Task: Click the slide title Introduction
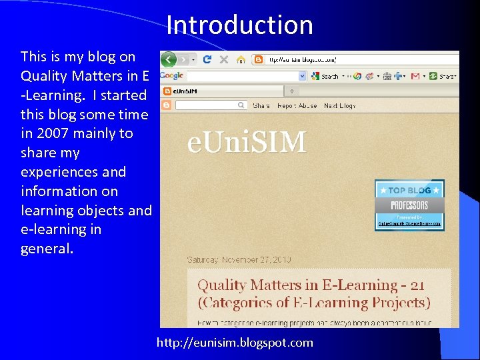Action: coord(239,25)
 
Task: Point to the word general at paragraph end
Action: coord(47,249)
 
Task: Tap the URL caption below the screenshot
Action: coord(235,343)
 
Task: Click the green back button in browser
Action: coord(169,59)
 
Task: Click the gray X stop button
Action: coord(223,59)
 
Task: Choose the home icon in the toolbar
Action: coord(241,59)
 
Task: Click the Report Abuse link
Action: coord(297,105)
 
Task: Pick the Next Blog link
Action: coord(339,105)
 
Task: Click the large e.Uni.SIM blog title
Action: coord(247,143)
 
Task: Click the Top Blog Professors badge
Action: coord(409,205)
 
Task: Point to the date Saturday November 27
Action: coord(239,259)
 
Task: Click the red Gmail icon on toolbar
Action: coord(415,76)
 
